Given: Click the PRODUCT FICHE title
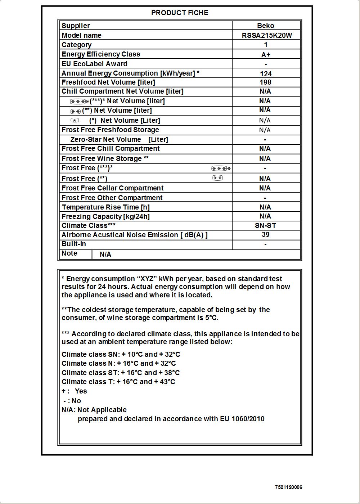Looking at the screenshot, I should (x=180, y=13).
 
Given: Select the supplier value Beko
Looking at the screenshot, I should (x=266, y=26).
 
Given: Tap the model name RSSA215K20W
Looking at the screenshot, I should (x=267, y=35).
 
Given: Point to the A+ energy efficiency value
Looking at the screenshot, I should (x=266, y=55).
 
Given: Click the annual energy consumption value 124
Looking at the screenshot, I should (x=266, y=74).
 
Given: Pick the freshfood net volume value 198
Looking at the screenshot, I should (x=265, y=82).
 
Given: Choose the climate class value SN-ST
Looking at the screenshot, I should (x=266, y=226).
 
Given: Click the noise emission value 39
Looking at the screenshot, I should (x=266, y=235).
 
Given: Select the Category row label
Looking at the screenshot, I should (x=77, y=45).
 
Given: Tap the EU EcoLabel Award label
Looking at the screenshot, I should (x=94, y=64).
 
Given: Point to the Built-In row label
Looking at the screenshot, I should (x=74, y=244).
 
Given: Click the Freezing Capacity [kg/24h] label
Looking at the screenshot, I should (x=105, y=216).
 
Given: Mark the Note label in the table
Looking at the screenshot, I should (x=69, y=253).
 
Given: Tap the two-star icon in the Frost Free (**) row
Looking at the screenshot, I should (x=217, y=178).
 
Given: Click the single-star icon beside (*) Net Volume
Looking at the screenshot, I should (x=75, y=120).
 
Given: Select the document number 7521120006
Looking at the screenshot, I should (x=289, y=487).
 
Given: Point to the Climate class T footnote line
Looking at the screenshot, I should (x=118, y=382).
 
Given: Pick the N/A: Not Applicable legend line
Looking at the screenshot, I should (x=94, y=410).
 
